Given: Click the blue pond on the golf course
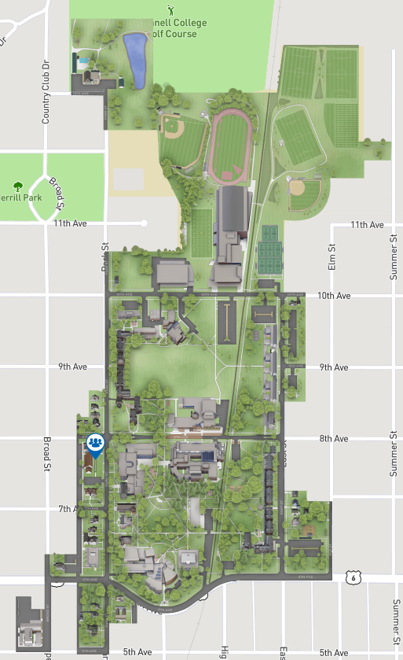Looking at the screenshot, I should [135, 61].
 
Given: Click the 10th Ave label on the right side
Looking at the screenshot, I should [333, 296].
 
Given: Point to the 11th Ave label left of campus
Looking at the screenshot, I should [71, 223].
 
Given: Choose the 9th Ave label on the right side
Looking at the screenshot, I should [335, 367].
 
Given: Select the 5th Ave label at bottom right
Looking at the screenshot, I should [333, 653].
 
